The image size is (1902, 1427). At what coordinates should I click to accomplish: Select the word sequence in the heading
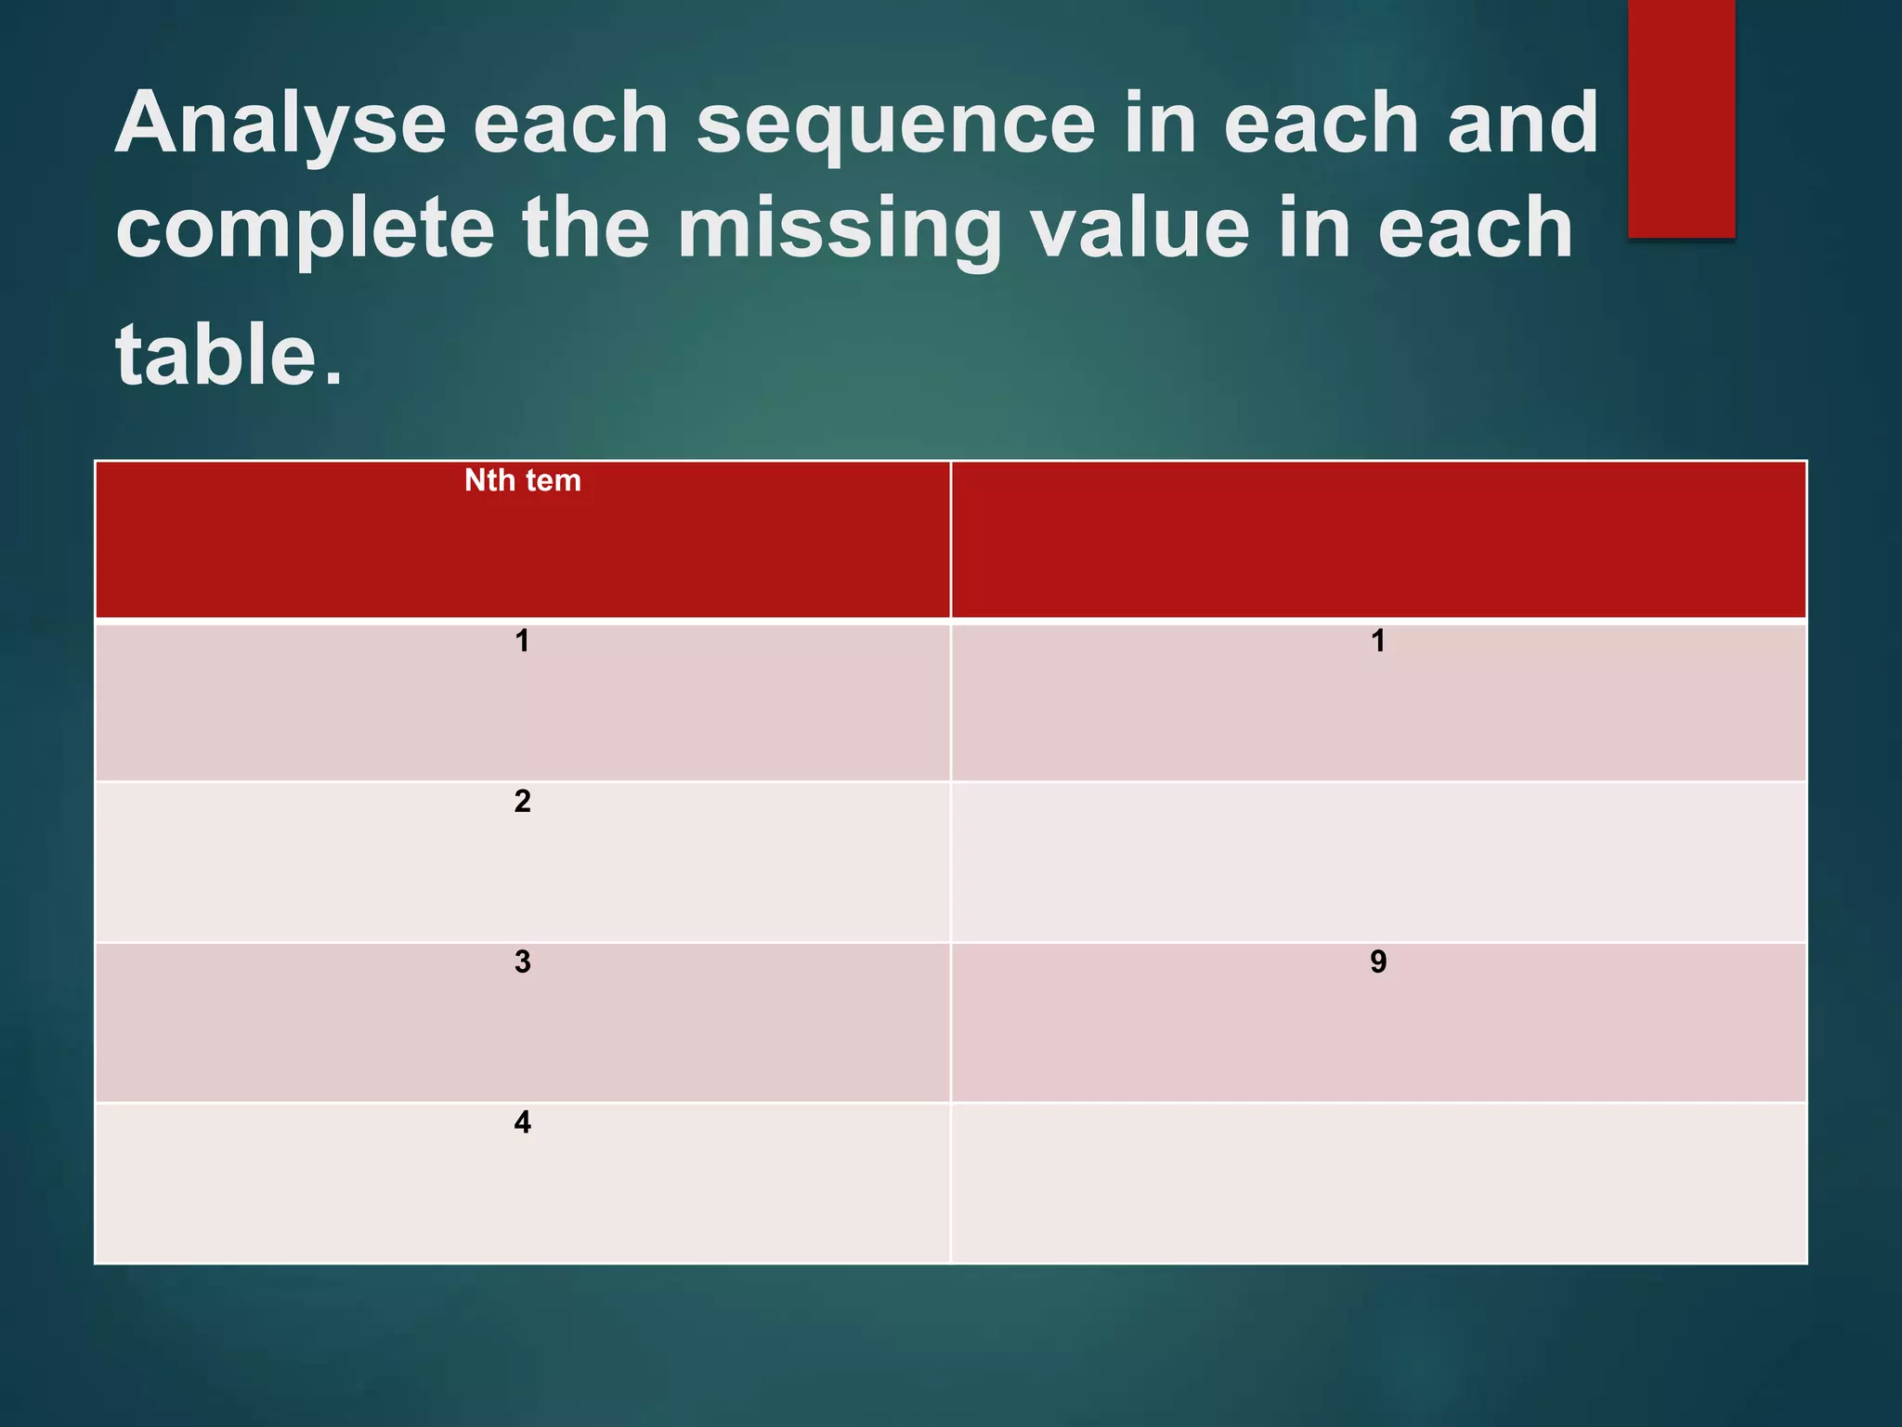pyautogui.click(x=896, y=125)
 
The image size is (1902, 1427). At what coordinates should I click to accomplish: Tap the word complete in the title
pyautogui.click(x=305, y=229)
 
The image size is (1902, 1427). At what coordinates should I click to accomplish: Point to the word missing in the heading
pyautogui.click(x=840, y=229)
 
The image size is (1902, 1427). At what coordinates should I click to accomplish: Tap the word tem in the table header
pyautogui.click(x=554, y=481)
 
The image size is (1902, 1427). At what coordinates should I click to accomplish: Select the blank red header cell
pyautogui.click(x=1378, y=540)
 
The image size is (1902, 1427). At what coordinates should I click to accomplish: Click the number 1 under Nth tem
pyautogui.click(x=522, y=641)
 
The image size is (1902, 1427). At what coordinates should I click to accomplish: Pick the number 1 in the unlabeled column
pyautogui.click(x=1378, y=641)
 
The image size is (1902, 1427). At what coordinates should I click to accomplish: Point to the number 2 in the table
pyautogui.click(x=522, y=801)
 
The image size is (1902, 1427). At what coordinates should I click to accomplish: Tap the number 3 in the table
pyautogui.click(x=522, y=962)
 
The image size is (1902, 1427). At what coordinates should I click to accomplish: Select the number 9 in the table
pyautogui.click(x=1378, y=962)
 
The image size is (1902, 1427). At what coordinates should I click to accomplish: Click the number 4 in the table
pyautogui.click(x=522, y=1122)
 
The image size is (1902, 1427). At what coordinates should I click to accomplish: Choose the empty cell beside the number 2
pyautogui.click(x=1378, y=862)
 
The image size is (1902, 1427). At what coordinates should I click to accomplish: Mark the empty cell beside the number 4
pyautogui.click(x=1378, y=1183)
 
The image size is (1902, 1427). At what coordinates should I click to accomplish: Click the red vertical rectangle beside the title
pyautogui.click(x=1681, y=118)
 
